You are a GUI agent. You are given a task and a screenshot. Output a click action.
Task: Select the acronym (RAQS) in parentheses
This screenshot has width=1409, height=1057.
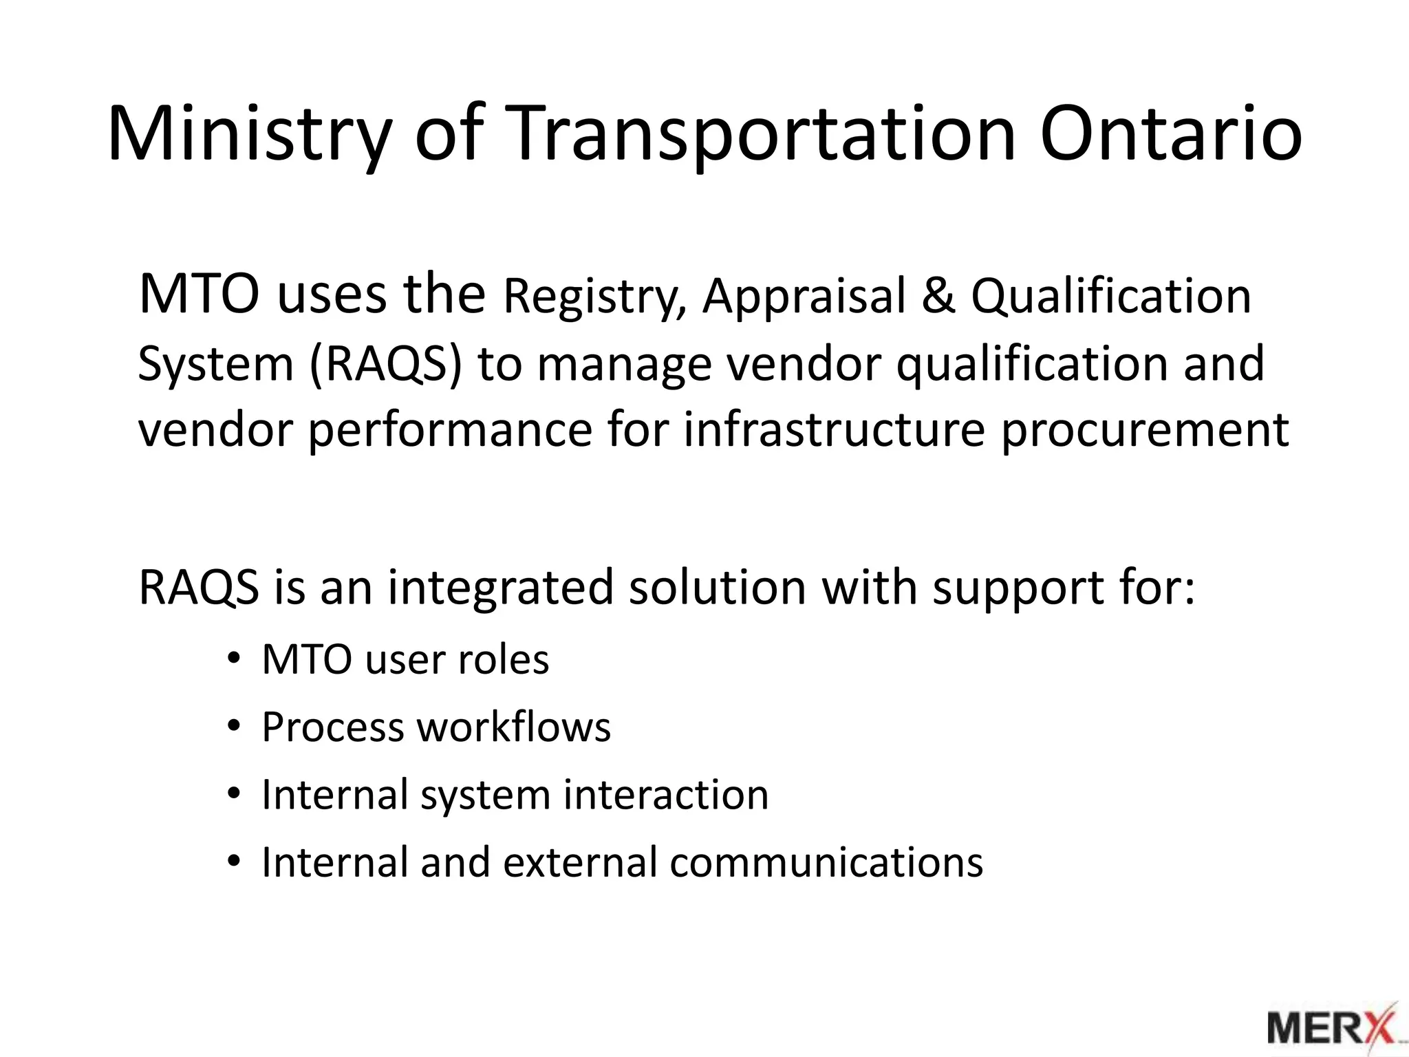[385, 364]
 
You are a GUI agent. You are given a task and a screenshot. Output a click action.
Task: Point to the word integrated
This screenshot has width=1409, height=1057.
[500, 588]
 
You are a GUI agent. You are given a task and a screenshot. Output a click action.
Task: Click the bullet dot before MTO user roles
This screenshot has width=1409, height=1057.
[234, 660]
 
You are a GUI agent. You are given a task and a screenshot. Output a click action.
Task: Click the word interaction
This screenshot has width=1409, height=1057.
[665, 795]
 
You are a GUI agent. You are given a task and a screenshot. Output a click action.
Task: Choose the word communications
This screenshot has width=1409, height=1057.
[826, 862]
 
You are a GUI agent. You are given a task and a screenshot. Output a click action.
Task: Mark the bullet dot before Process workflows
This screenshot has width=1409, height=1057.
[234, 727]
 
